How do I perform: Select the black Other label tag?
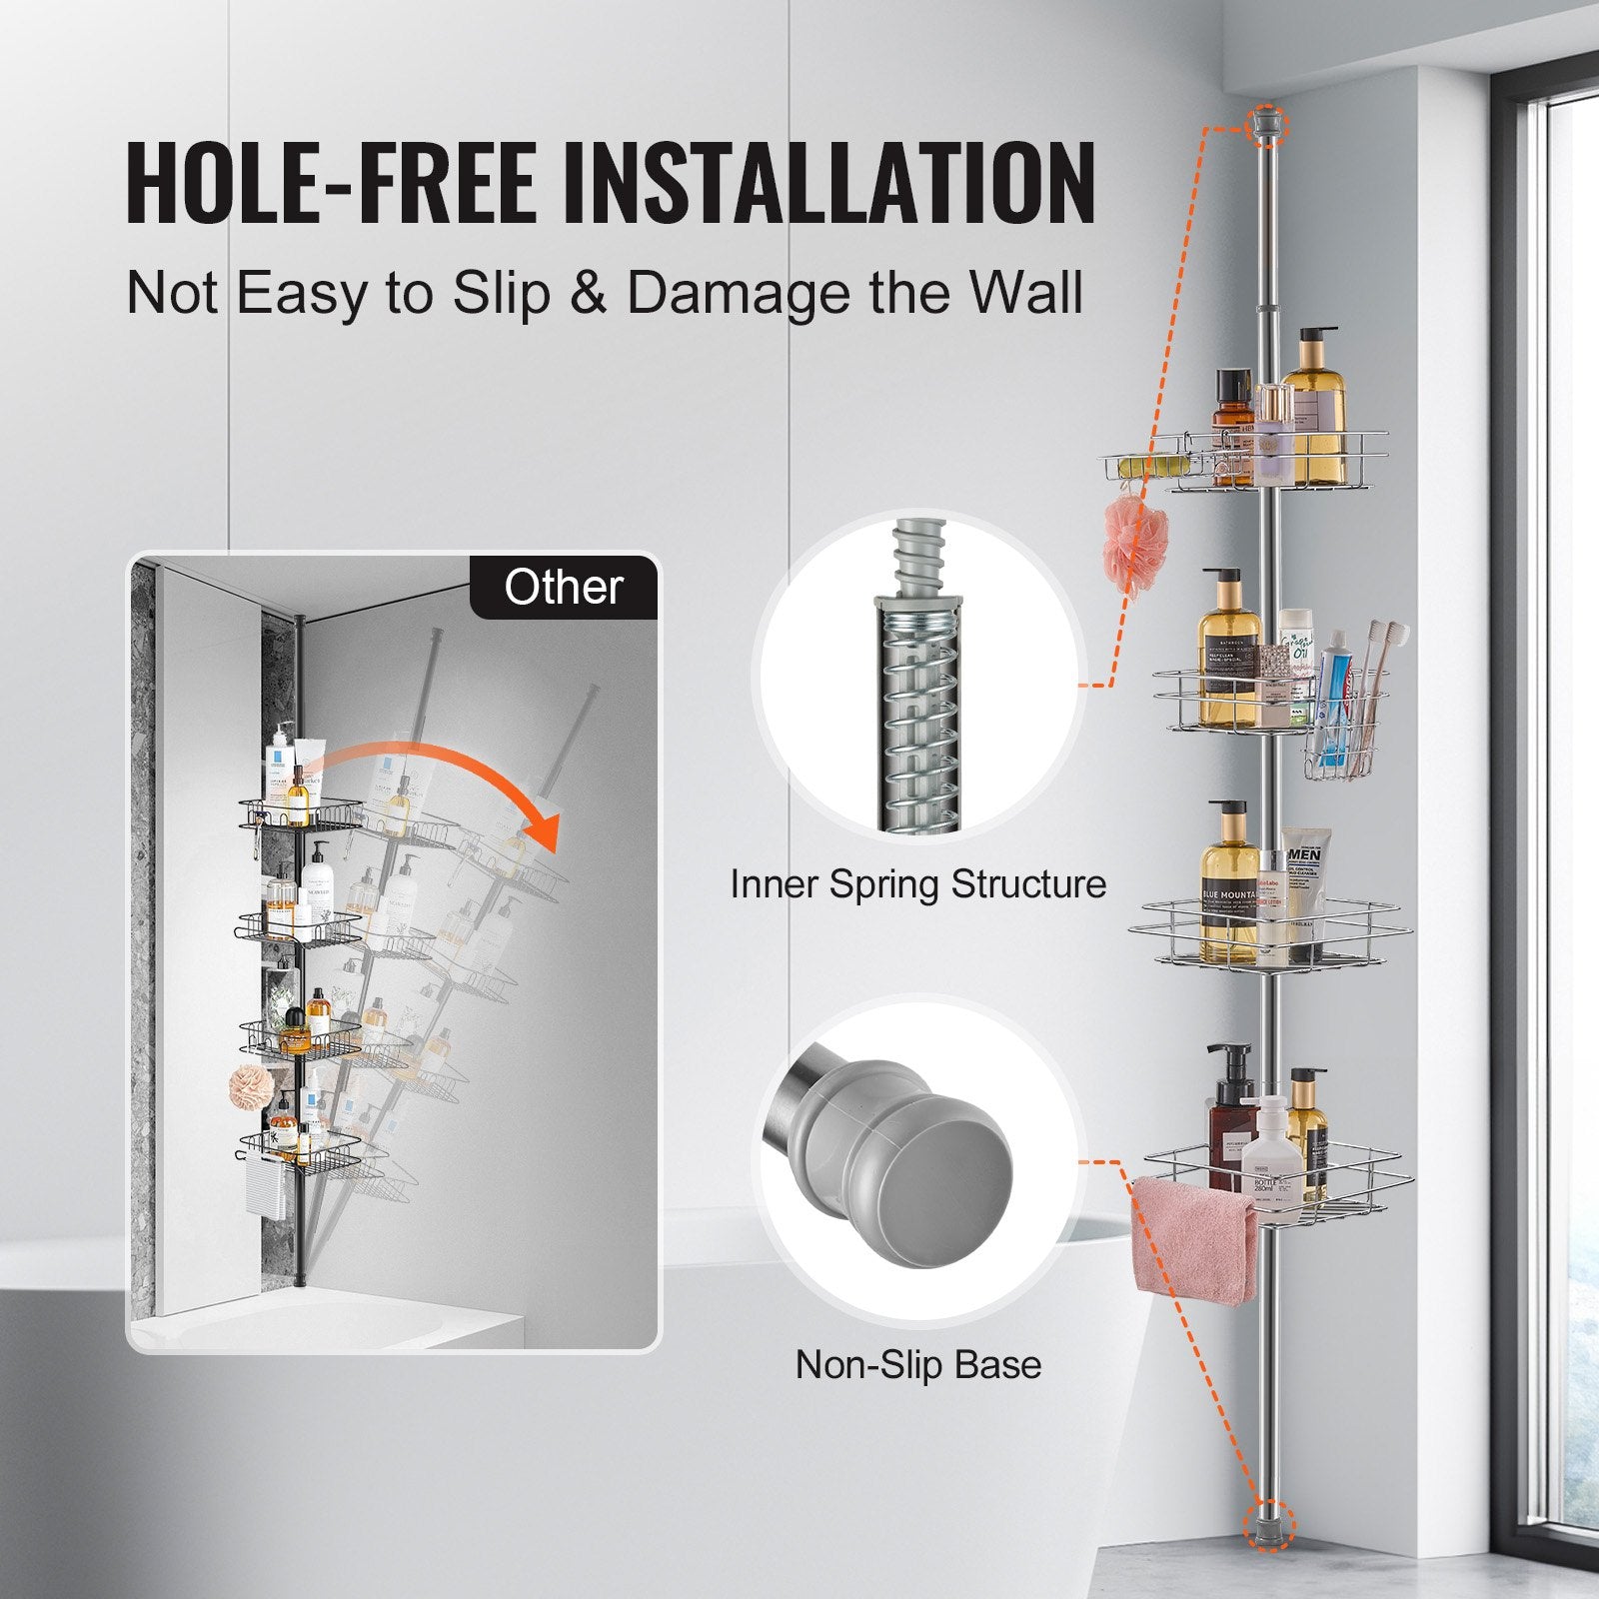pyautogui.click(x=564, y=587)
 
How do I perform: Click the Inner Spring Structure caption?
pyautogui.click(x=917, y=884)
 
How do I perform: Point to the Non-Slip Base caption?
pyautogui.click(x=917, y=1364)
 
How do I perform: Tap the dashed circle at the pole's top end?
pyautogui.click(x=1267, y=124)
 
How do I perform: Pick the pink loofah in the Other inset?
pyautogui.click(x=247, y=1082)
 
